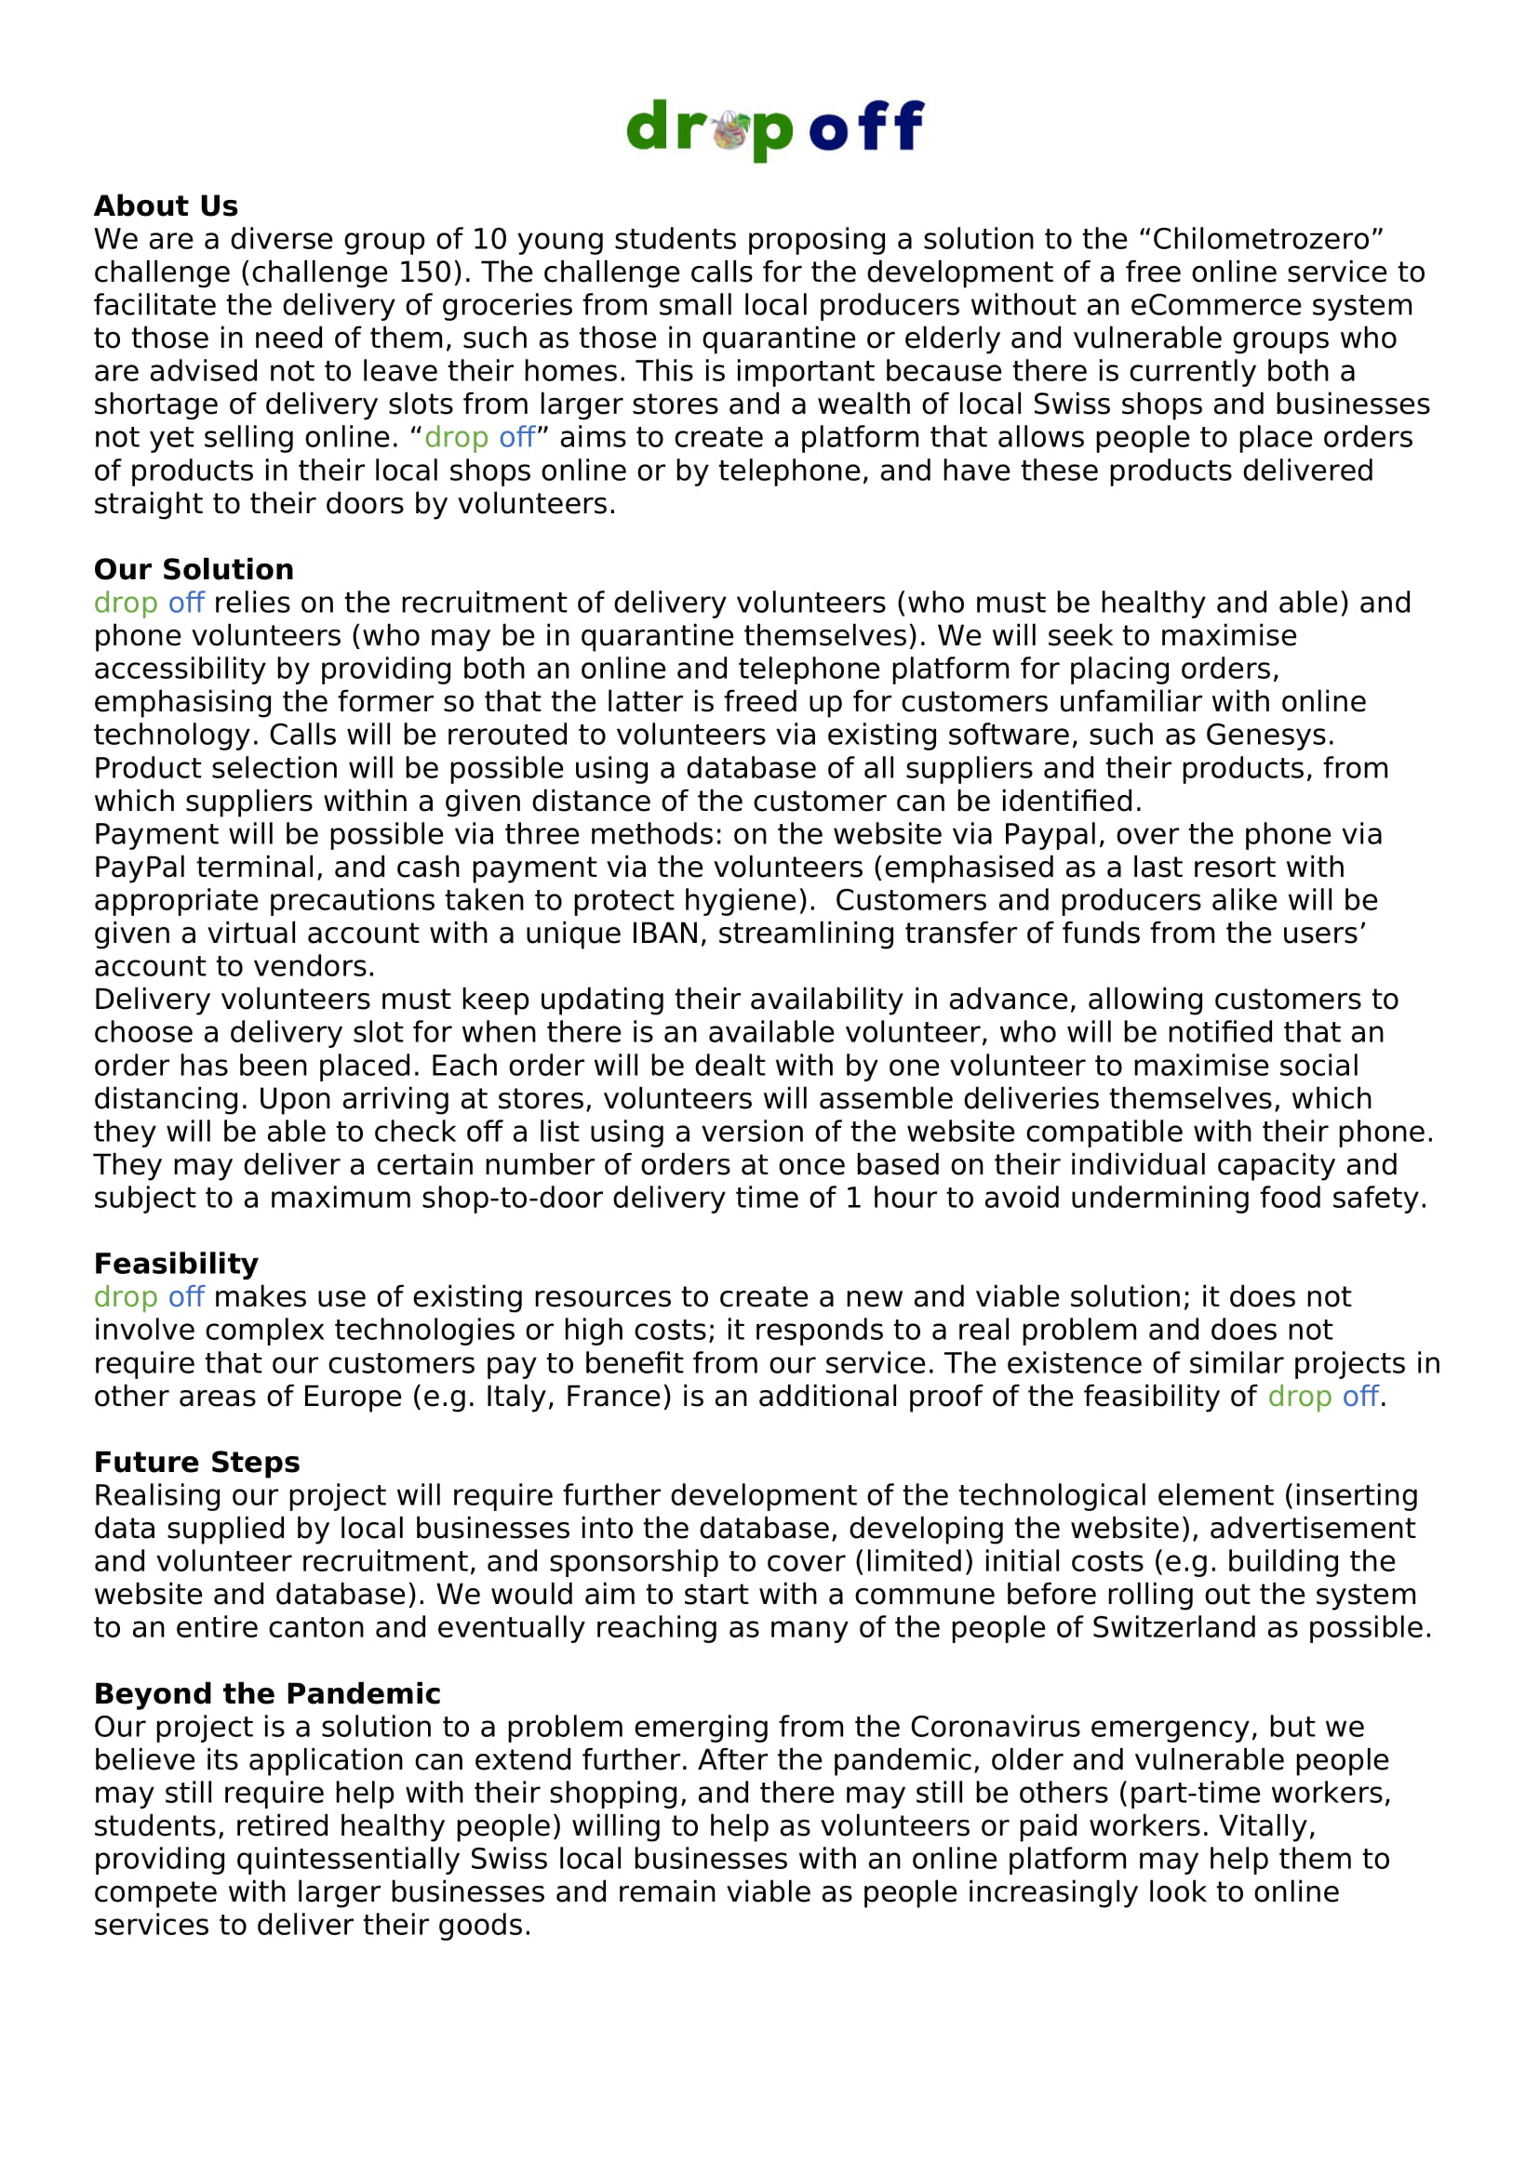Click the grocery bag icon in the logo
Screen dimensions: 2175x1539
[731, 130]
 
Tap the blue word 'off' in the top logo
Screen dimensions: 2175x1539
[866, 126]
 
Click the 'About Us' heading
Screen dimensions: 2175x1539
[166, 206]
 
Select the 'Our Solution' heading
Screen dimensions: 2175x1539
[194, 569]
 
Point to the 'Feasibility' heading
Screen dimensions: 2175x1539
[176, 1264]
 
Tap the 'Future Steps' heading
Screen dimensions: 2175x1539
[197, 1462]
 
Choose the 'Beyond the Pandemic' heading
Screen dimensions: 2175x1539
[267, 1692]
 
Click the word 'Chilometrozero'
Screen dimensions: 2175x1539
[1267, 239]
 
